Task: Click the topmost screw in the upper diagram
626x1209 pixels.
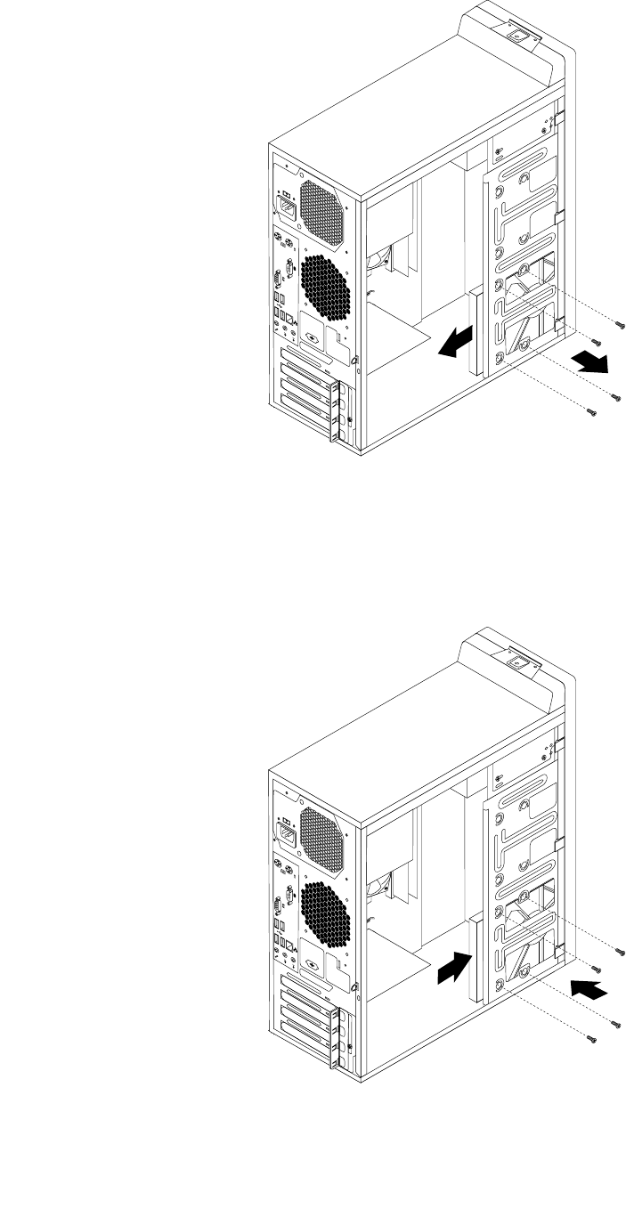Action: pyautogui.click(x=621, y=325)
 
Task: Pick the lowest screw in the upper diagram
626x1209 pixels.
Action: pyautogui.click(x=590, y=411)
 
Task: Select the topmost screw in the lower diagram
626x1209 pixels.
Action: pyautogui.click(x=621, y=951)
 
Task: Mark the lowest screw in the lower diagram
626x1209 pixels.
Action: pyautogui.click(x=590, y=1037)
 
